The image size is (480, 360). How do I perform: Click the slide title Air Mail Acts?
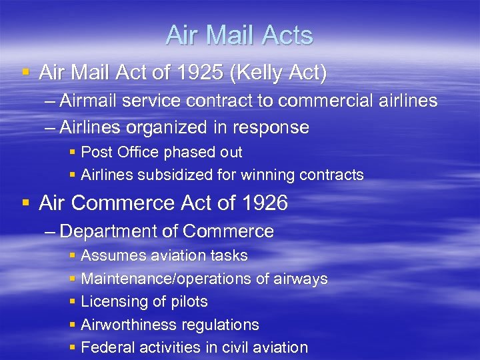click(239, 35)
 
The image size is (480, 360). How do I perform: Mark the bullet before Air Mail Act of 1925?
click(25, 72)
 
